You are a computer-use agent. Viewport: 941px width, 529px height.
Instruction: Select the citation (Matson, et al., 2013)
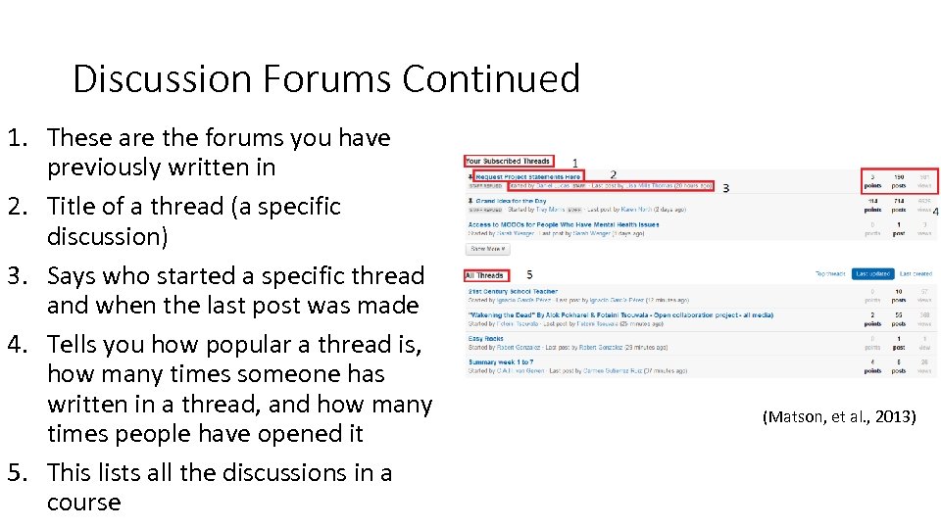pos(838,417)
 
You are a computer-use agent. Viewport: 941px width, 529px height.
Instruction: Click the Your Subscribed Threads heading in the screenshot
pos(508,161)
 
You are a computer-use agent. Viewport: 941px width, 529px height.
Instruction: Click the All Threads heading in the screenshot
pos(485,275)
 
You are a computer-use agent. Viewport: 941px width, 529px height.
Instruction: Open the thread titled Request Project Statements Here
pos(527,177)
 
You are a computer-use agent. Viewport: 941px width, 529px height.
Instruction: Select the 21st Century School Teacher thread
pos(513,292)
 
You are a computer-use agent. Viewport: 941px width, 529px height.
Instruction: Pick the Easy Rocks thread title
pos(486,339)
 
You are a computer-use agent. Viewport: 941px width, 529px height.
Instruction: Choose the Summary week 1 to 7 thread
pos(501,362)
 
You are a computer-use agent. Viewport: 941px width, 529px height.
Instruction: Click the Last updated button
pos(871,274)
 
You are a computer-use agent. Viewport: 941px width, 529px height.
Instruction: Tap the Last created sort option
pos(916,274)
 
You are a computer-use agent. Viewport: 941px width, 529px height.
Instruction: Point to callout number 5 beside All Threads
pos(529,274)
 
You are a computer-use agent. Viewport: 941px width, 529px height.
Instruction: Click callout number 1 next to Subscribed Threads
pos(574,162)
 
